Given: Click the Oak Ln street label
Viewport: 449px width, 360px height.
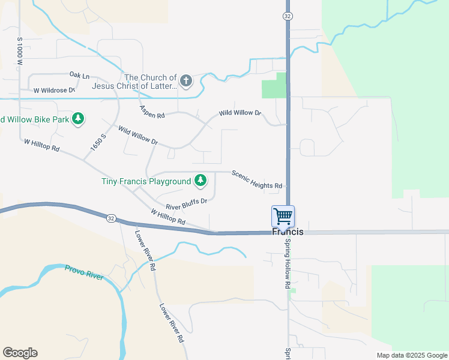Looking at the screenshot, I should tap(79, 76).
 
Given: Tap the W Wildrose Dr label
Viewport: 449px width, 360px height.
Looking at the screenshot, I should tap(54, 90).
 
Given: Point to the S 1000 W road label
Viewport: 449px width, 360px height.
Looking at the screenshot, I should tap(20, 51).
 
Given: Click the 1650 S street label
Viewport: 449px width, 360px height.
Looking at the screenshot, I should tap(98, 143).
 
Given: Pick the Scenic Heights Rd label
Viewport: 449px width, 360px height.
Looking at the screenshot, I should tap(256, 178).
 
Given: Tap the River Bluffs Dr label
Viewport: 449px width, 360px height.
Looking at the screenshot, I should tap(186, 204).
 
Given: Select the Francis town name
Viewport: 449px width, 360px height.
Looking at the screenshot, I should tap(288, 232).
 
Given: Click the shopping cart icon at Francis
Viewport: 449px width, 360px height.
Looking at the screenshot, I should tap(283, 215).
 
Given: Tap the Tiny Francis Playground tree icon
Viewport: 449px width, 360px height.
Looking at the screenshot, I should tap(200, 180).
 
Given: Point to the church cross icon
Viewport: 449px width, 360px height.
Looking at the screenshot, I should tap(186, 80).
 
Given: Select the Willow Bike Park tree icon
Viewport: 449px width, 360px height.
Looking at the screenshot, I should tap(77, 119).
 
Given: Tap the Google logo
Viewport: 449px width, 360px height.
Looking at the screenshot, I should tap(20, 353).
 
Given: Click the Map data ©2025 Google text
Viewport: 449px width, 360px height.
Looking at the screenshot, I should tap(412, 355).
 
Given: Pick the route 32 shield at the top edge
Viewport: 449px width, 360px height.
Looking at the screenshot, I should tap(288, 16).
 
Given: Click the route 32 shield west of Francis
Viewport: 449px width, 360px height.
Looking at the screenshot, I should tap(111, 218).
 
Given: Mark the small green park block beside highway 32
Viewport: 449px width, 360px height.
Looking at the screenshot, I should tap(274, 86).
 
